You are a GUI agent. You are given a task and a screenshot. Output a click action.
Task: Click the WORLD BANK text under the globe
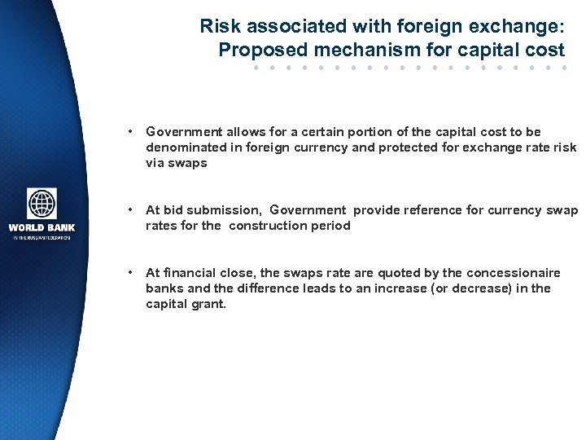(x=42, y=227)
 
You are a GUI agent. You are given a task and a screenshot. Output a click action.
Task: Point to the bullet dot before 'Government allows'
(x=129, y=131)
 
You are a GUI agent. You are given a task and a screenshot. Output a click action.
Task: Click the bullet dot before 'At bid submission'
(x=129, y=210)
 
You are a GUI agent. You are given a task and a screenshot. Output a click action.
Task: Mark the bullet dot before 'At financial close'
(x=129, y=273)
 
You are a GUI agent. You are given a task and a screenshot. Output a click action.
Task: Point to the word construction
(x=269, y=226)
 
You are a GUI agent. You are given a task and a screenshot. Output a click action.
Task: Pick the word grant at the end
(x=208, y=304)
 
